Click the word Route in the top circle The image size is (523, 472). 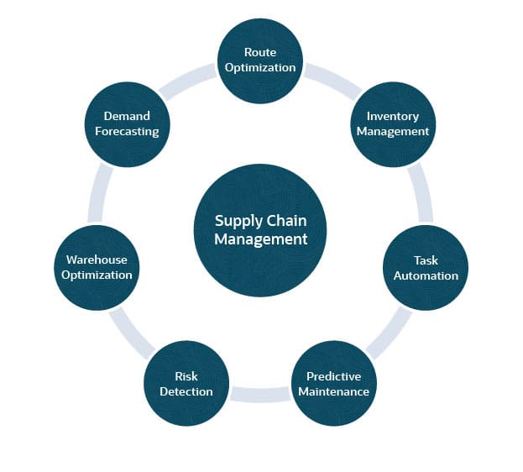[259, 52]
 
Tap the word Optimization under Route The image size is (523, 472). [259, 67]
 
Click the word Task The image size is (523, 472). [426, 260]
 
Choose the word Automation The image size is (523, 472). [426, 275]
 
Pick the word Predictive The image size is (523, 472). [333, 376]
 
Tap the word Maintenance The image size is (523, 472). [333, 391]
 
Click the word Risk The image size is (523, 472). [186, 376]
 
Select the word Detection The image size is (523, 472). [186, 391]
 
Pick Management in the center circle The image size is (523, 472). [260, 239]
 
